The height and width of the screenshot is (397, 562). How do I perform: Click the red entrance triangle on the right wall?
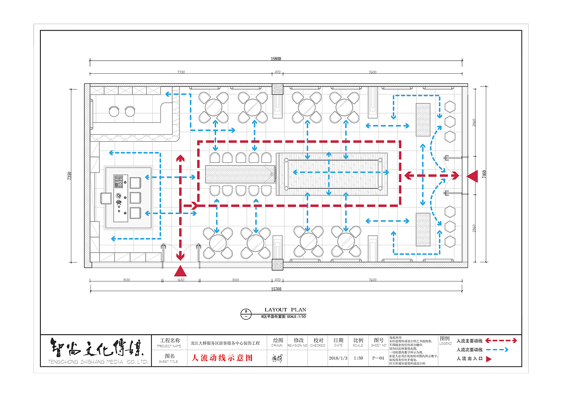472,176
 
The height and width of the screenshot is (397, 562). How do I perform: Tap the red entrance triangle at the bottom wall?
180,272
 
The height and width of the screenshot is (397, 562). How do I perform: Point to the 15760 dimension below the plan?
276,289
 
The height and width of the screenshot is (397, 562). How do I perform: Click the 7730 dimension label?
181,72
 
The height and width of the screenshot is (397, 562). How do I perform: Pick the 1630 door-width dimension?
180,279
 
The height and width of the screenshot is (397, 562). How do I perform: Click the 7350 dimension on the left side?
69,175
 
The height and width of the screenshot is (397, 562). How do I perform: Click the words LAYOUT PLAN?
285,310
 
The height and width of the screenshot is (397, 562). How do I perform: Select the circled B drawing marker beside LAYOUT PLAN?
246,314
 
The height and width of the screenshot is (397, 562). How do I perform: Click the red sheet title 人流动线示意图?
222,358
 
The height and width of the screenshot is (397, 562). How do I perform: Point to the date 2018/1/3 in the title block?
338,358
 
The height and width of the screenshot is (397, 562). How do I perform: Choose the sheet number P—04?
378,358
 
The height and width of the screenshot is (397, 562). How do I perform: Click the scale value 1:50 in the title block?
358,358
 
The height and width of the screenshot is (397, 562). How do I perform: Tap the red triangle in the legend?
488,359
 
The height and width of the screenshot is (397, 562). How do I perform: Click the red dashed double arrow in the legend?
501,340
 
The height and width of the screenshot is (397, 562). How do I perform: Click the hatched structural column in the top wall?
277,89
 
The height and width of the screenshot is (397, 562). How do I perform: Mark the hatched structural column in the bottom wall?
277,264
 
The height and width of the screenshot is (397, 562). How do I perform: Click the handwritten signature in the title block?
277,358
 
